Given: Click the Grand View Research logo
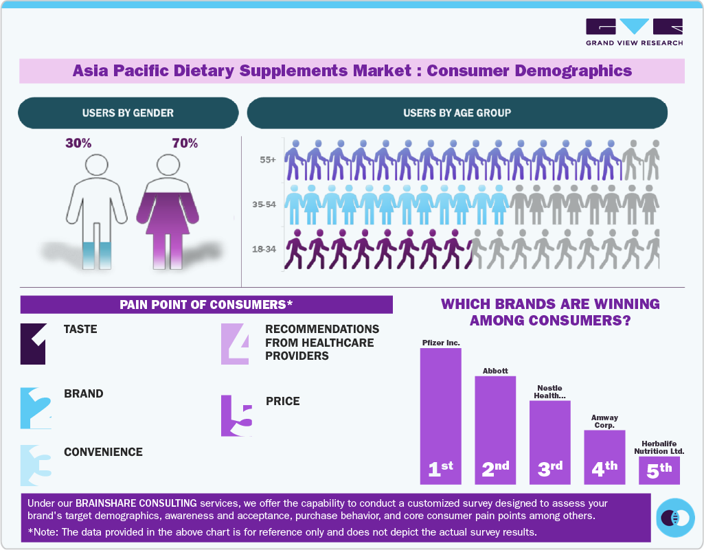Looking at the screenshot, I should coord(634,32).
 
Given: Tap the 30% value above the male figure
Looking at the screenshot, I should coord(78,144).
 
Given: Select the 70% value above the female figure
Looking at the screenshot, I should coord(185,144).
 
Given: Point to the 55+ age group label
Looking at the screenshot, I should coord(268,160).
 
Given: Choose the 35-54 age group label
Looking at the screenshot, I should coord(264,205).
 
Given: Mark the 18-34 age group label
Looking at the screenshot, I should coord(264,249).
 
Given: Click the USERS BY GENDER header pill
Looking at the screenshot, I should coord(128,113).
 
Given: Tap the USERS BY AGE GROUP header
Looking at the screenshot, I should coord(457,113).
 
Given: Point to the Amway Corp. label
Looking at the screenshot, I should coord(604,421).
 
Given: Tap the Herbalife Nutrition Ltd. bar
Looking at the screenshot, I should coord(659,470).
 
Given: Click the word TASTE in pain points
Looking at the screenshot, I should coord(80,329).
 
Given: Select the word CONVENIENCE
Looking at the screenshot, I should coord(103,452).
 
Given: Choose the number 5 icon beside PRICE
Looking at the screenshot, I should coord(237,415).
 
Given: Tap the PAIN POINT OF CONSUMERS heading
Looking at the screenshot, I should coord(206,304).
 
